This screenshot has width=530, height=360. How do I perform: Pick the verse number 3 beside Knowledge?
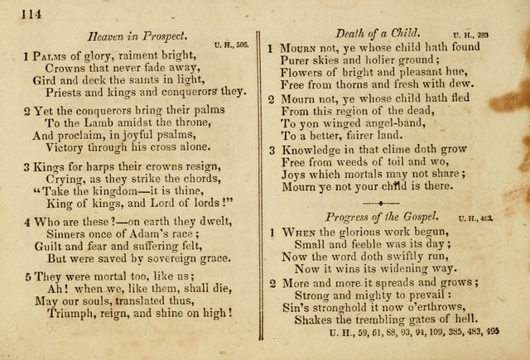tap(272, 151)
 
